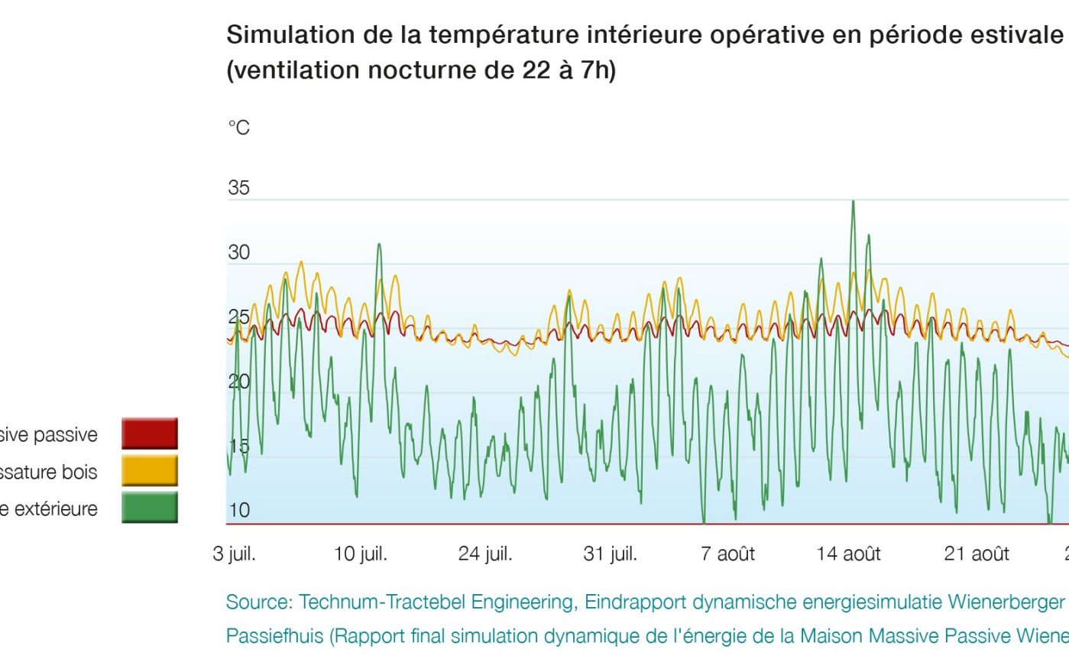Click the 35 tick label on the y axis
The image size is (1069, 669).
pos(238,187)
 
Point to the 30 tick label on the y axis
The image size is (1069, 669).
pos(238,252)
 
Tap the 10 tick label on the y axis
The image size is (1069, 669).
pos(238,510)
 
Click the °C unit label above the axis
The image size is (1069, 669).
pos(238,128)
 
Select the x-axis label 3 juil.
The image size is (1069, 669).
pos(234,554)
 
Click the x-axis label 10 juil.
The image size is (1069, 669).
pos(360,554)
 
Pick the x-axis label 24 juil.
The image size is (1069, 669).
pos(485,554)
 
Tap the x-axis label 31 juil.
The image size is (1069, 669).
pos(610,554)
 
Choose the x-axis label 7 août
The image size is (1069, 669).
pos(727,554)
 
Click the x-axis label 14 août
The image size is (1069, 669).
pos(848,554)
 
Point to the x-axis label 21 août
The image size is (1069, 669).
pos(977,554)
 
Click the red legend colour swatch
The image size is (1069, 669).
pos(150,434)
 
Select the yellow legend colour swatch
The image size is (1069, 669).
pos(150,470)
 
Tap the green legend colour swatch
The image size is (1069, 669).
pos(150,507)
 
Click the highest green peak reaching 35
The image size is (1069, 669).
pos(853,203)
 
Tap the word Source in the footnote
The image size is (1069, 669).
pos(257,602)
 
